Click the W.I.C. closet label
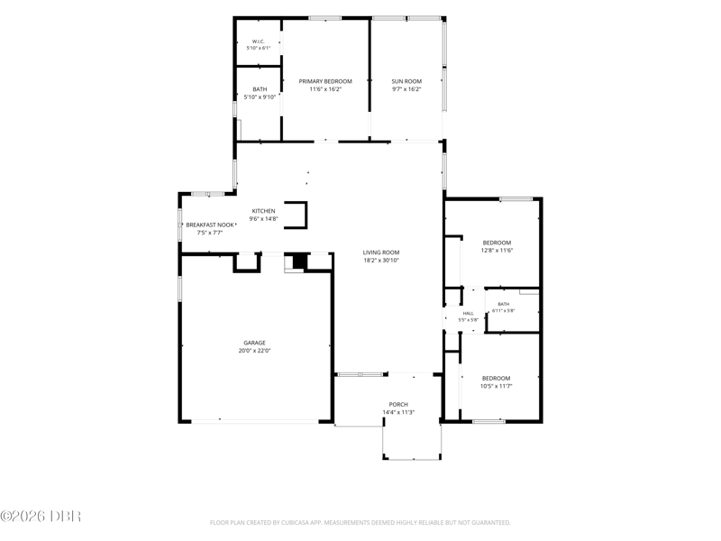click(x=259, y=41)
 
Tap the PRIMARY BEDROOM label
click(x=325, y=81)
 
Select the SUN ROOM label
click(x=406, y=81)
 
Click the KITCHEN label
click(x=263, y=211)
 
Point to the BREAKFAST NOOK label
click(x=210, y=225)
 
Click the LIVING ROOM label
click(x=381, y=252)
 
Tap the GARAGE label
click(x=255, y=343)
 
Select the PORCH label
click(x=398, y=405)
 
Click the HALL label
click(x=468, y=314)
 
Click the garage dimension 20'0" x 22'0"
click(x=255, y=351)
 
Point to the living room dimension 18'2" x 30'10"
click(x=381, y=261)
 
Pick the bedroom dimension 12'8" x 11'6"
click(x=497, y=251)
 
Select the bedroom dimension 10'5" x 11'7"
click(x=497, y=387)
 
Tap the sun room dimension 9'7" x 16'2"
click(x=406, y=89)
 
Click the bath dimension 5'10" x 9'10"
click(x=260, y=97)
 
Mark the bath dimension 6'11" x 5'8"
click(x=504, y=310)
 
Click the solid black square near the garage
click(x=299, y=261)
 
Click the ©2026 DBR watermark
click(x=41, y=516)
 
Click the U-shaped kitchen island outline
click(x=305, y=215)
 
